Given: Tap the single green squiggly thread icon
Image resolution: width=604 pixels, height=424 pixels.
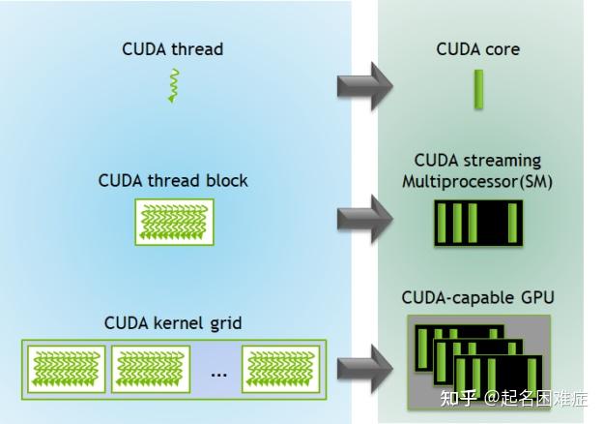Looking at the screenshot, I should tap(174, 85).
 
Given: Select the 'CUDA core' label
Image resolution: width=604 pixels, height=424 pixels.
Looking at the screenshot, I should tap(477, 48).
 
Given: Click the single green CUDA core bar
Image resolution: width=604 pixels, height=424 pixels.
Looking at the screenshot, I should tap(477, 93).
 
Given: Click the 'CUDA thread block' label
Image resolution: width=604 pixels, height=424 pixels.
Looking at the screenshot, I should tap(173, 181).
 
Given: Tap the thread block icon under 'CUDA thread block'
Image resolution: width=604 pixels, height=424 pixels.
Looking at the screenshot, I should tap(174, 222).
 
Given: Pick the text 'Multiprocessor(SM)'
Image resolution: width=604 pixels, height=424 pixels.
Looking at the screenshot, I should tap(477, 180).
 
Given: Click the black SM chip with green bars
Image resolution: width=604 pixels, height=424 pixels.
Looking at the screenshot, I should tap(477, 223).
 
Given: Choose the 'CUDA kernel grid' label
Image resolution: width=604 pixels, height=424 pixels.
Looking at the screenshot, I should tap(173, 321).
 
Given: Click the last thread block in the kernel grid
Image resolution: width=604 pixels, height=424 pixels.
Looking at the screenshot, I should tap(281, 369).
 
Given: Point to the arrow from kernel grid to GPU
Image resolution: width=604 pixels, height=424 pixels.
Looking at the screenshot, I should tap(364, 368).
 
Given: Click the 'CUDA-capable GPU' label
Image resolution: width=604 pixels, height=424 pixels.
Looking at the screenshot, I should tap(477, 297).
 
